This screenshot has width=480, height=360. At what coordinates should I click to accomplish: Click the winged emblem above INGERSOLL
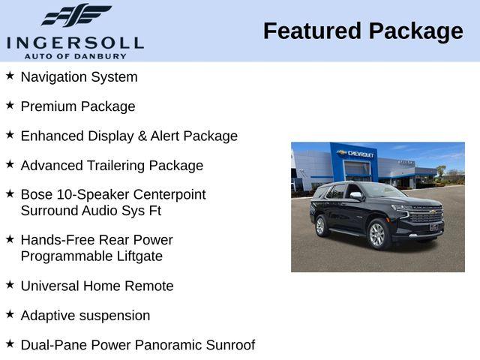76,15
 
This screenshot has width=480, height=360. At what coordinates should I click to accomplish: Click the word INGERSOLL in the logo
75,43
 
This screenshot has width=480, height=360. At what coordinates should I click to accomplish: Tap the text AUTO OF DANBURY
75,56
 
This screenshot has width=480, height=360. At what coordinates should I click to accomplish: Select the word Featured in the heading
312,31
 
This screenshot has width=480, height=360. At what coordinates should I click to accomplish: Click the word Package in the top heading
416,32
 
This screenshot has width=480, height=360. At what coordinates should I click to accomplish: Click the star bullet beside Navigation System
10,75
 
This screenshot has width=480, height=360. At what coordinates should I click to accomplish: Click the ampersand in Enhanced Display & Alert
142,136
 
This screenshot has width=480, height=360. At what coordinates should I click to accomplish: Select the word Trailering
116,166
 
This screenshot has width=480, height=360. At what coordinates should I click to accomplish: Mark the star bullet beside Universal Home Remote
10,284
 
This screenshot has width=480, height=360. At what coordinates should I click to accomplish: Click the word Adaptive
48,316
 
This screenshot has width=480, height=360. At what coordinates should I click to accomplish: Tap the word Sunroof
230,345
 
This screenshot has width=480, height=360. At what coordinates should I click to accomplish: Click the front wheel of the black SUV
376,235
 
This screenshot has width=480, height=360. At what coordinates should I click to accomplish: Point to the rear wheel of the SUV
321,226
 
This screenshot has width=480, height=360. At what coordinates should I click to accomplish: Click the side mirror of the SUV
356,195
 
